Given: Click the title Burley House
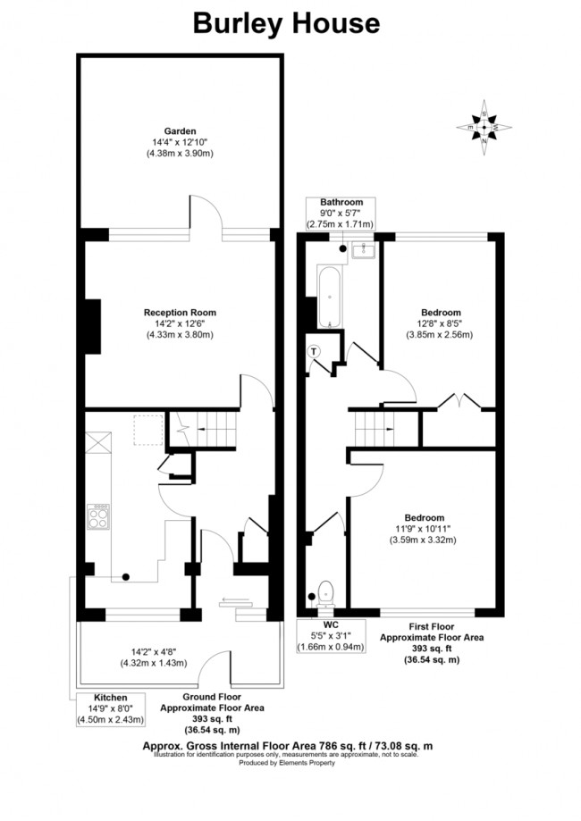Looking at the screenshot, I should coord(286,23).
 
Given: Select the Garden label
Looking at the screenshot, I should coord(180,131).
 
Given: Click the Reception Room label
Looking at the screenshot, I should coord(180,313).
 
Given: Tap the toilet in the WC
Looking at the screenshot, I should coord(325,591).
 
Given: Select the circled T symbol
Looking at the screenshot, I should coord(313,351).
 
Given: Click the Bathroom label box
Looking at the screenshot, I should coord(341,214).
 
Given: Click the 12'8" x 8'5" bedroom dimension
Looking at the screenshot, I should coord(442,323).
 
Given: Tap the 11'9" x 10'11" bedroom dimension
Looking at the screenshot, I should coord(424,529).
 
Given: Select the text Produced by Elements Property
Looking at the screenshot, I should coord(285,762).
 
